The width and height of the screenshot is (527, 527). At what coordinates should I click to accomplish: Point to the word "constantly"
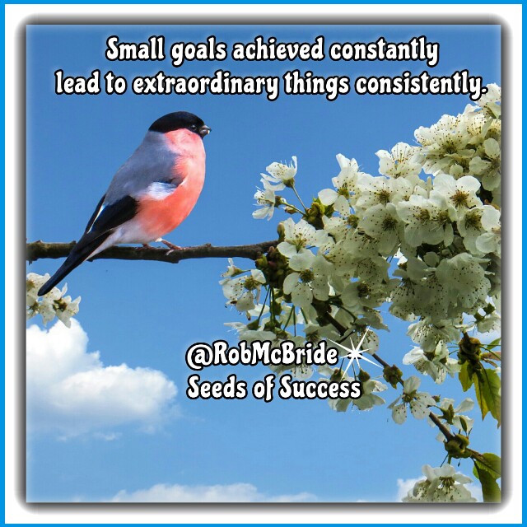pos(385,51)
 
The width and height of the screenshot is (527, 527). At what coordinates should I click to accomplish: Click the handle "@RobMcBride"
pos(262,354)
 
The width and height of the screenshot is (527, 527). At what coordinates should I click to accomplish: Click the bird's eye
pos(194,126)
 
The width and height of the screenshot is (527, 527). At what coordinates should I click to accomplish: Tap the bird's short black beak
pos(204,130)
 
